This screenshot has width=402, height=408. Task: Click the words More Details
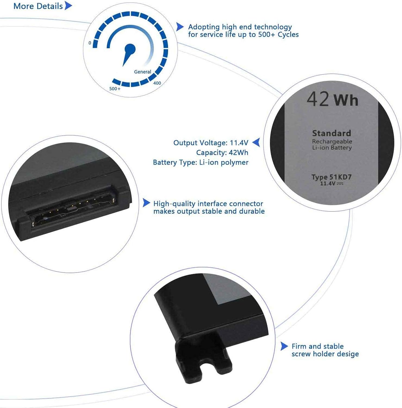[x=38, y=6]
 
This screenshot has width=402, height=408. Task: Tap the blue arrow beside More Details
[x=68, y=6]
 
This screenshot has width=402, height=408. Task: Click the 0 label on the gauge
[x=90, y=43]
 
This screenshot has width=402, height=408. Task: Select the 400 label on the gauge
[x=157, y=83]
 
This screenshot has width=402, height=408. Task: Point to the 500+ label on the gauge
[x=115, y=89]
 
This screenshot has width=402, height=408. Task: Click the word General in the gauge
[x=142, y=72]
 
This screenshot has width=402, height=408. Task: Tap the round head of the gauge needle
[x=130, y=49]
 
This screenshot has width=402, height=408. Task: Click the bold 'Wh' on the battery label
[x=346, y=100]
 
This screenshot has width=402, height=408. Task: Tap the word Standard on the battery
[x=332, y=133]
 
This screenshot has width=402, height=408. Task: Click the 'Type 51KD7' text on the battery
[x=332, y=177]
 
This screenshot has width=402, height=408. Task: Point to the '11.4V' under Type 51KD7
[x=328, y=184]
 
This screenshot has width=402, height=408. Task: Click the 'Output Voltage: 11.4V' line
[x=211, y=143]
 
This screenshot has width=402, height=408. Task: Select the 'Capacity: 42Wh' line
[x=222, y=153]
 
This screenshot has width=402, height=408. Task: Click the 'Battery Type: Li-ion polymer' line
[x=201, y=162]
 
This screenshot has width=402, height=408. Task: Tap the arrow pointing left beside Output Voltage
[x=256, y=142]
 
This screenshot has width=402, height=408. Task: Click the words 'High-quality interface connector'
[x=208, y=204]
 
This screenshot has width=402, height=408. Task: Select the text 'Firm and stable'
[x=317, y=346]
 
